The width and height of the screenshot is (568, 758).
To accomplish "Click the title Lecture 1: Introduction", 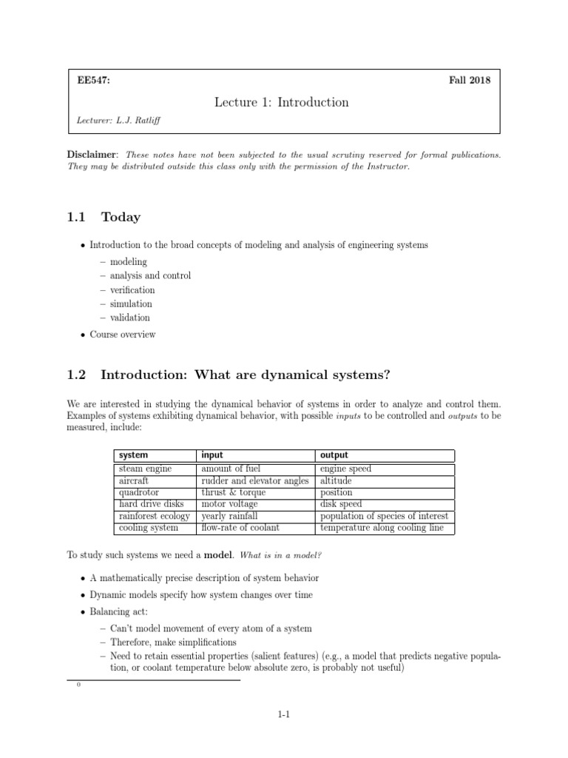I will pyautogui.click(x=281, y=102).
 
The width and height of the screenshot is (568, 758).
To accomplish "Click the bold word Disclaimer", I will pyautogui.click(x=92, y=155).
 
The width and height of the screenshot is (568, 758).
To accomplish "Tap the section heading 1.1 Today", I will pyautogui.click(x=103, y=217).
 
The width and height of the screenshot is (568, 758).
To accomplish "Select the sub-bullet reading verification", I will pyautogui.click(x=132, y=289).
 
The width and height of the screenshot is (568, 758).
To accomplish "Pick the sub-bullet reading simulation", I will pyautogui.click(x=131, y=303).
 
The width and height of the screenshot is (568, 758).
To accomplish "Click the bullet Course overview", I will pyautogui.click(x=123, y=334).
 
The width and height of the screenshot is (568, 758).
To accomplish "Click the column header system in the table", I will pyautogui.click(x=133, y=455).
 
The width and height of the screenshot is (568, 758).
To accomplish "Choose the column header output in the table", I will pyautogui.click(x=334, y=455).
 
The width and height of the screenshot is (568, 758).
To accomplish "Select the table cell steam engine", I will pyautogui.click(x=145, y=469).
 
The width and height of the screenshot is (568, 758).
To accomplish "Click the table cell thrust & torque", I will pyautogui.click(x=233, y=492).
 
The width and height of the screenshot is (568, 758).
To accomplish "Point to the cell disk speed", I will pyautogui.click(x=341, y=504).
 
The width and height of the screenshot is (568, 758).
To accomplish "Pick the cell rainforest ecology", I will pyautogui.click(x=154, y=516).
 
